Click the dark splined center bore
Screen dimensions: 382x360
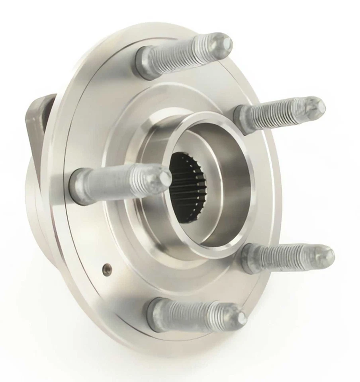click(187, 187)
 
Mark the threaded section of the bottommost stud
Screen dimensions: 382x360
click(195, 312)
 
